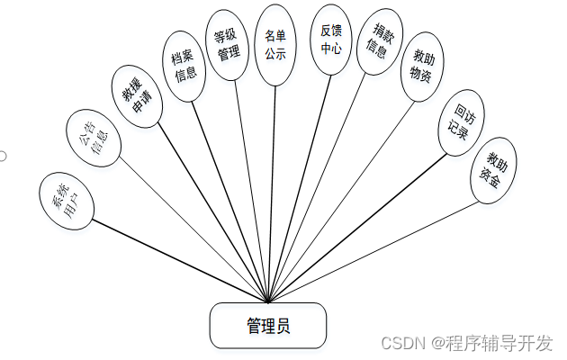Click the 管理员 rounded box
[267, 326]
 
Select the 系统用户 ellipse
[66, 202]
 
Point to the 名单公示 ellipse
[274, 40]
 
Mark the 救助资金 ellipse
[493, 170]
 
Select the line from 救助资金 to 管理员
[378, 249]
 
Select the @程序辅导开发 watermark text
[490, 343]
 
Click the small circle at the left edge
[3, 156]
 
